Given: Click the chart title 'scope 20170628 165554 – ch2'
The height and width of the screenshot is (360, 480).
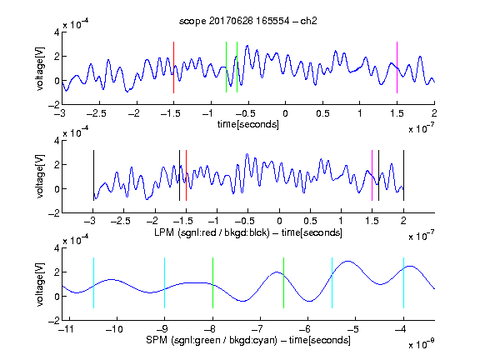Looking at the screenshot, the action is (248, 21).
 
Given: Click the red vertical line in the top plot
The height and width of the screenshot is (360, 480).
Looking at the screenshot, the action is (173, 67).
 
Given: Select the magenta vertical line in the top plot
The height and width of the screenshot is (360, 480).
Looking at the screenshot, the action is (397, 67).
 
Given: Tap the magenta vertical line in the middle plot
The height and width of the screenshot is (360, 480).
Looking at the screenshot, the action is (372, 175).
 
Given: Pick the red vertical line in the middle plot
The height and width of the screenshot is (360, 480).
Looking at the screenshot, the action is (186, 175).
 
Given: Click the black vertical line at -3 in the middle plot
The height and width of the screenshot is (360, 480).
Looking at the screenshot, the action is (93, 175).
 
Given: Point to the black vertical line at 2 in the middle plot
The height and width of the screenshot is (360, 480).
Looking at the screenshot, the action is (403, 175).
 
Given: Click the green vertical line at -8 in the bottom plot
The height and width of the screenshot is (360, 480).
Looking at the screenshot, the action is (212, 282).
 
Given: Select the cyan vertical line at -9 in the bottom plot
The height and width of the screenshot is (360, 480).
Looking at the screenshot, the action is (165, 282).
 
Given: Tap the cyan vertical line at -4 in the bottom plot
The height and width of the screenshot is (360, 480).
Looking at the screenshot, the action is (403, 282).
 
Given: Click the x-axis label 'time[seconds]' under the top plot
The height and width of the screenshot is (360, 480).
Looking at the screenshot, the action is (248, 125).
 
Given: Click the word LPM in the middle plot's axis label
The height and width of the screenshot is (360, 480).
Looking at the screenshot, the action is (164, 232).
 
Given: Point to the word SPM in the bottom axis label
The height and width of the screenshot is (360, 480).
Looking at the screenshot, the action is (157, 340).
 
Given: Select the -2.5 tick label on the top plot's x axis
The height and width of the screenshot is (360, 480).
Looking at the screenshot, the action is (97, 113).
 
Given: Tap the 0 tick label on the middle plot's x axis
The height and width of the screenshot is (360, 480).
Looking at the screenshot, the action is (279, 221).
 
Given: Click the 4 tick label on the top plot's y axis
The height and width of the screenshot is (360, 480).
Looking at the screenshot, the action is (57, 32).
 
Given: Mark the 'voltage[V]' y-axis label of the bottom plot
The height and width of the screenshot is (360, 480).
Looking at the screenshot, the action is (40, 284).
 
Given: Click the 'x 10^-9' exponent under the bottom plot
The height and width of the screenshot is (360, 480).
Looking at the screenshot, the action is (421, 344).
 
